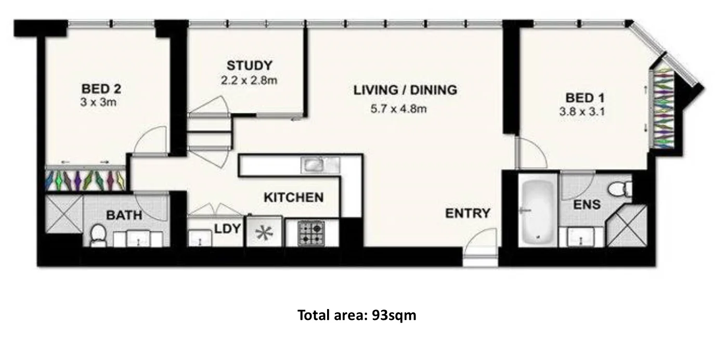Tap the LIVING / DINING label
(x=405, y=90)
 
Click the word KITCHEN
(x=293, y=198)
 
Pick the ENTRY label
(x=467, y=213)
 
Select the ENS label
(x=587, y=204)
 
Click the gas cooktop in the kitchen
(x=311, y=233)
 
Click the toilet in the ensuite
(x=620, y=188)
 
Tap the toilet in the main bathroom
(x=98, y=235)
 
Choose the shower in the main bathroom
(x=63, y=213)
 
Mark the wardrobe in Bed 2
(x=86, y=179)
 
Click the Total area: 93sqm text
(x=357, y=315)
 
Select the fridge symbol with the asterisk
(x=264, y=232)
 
